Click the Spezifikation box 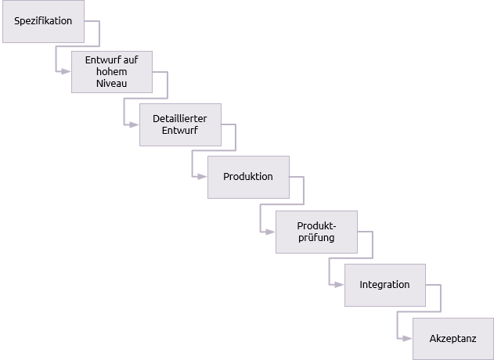(44, 21)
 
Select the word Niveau (111, 84)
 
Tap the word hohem (111, 71)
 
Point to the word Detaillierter (180, 118)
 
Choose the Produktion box (248, 177)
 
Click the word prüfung (316, 237)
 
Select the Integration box (385, 285)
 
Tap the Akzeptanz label (453, 339)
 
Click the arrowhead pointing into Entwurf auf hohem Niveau (67, 71)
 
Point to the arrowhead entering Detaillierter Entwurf (134, 124)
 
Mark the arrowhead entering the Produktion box (202, 177)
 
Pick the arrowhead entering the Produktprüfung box (270, 232)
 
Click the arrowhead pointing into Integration (339, 285)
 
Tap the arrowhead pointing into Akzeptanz (407, 339)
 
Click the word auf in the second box (131, 59)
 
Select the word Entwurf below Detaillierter (180, 130)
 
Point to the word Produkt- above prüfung (316, 226)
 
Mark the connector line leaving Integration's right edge (419, 311)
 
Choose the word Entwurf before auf (103, 59)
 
